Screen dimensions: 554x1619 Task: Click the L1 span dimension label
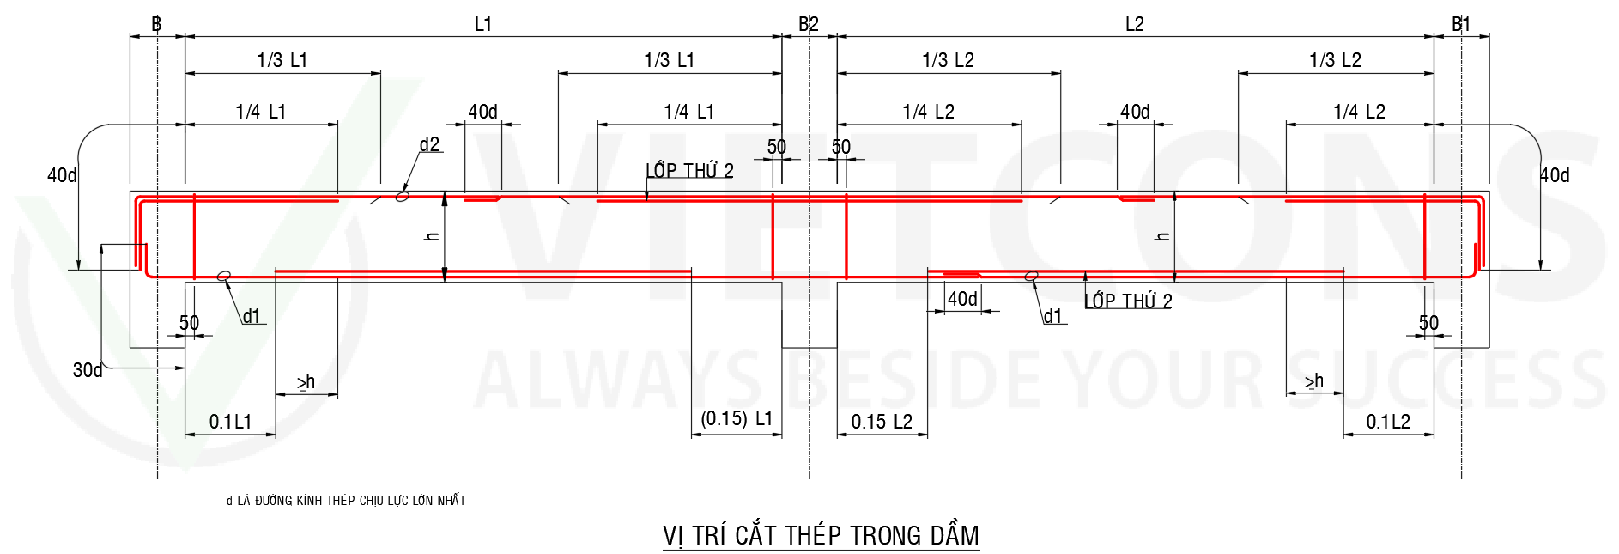point(483,24)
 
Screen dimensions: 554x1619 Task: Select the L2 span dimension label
point(1135,24)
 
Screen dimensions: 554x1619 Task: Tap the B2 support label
point(809,24)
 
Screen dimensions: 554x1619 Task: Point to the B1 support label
point(1461,24)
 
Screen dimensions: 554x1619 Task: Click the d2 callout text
point(430,144)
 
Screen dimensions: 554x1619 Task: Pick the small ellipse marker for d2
point(402,196)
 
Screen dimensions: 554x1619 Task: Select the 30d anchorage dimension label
point(88,370)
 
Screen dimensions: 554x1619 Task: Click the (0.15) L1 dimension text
point(737,418)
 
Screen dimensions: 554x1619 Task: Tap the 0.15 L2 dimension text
point(882,422)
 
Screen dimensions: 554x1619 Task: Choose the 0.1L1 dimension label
point(230,422)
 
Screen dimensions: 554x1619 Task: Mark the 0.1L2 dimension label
point(1388,422)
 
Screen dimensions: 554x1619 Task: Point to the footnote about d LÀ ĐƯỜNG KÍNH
point(346,501)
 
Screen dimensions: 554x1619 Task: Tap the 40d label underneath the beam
point(962,299)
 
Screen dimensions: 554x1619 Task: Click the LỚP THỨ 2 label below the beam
point(1128,301)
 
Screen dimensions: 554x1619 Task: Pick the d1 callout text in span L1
point(252,316)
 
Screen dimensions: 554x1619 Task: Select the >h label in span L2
point(1313,380)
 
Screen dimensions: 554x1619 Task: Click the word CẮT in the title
point(756,535)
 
